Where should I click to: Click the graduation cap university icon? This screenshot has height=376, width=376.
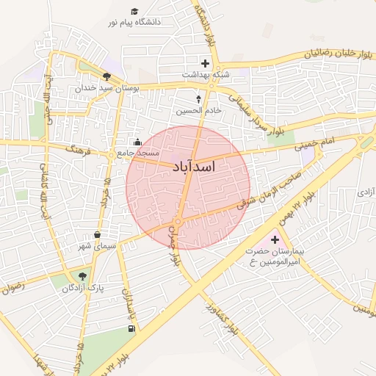pos(134,11)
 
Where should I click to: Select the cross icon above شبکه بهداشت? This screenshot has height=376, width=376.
pos(205,64)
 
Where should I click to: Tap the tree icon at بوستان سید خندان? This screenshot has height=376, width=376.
pos(107,76)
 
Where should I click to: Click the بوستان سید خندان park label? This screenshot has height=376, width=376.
pos(106,87)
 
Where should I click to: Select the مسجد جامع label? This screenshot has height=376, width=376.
pos(138,153)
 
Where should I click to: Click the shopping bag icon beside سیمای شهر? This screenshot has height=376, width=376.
pos(97,235)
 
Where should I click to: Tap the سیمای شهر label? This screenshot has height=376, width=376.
pos(98,247)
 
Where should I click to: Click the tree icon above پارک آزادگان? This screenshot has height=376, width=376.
pos(82,276)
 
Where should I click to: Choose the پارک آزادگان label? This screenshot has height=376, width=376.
pos(83,288)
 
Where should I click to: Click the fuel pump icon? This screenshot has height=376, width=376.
pos(131,328)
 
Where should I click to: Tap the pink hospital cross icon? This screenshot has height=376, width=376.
pos(275,240)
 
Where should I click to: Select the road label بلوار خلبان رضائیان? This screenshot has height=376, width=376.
pos(335,53)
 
